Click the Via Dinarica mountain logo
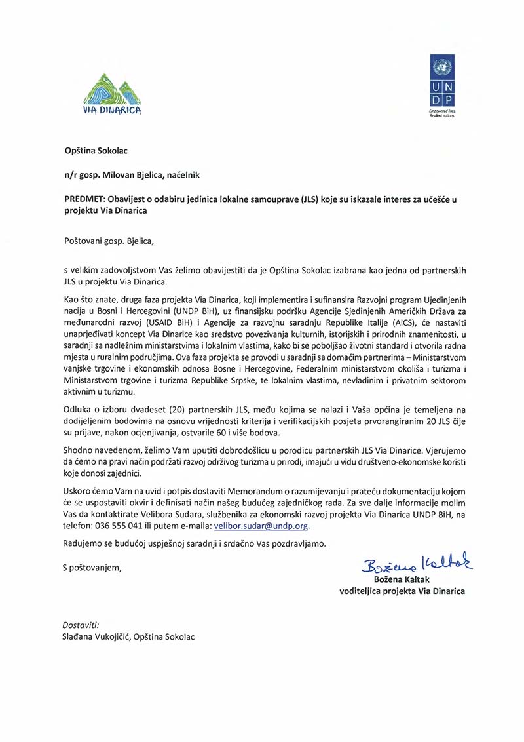112,94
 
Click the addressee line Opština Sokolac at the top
96,151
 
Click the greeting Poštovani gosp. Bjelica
108,240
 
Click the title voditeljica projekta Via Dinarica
402,591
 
